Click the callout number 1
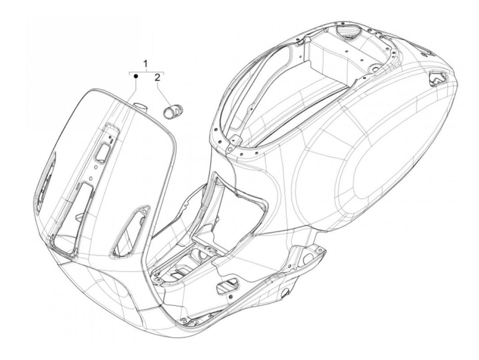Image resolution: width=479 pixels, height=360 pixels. point(146,64)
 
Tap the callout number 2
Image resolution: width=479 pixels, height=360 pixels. point(157,78)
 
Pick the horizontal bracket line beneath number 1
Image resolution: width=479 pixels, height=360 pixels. point(146,73)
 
